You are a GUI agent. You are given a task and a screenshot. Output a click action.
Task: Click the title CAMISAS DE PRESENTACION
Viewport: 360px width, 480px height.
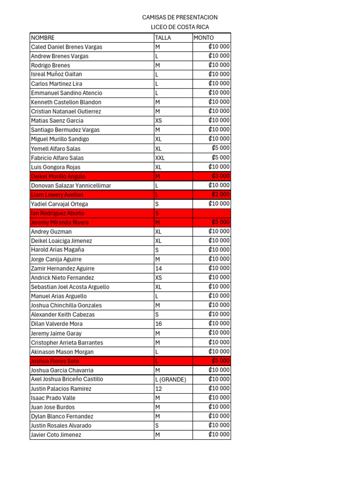[180, 17]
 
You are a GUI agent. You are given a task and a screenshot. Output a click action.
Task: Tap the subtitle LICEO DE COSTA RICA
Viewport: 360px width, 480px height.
[180, 27]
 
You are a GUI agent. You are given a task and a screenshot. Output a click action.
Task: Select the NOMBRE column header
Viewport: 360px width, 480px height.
[43, 37]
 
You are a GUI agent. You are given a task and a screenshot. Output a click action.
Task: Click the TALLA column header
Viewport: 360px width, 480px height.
[163, 37]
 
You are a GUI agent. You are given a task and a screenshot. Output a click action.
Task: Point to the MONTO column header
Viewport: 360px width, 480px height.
[204, 37]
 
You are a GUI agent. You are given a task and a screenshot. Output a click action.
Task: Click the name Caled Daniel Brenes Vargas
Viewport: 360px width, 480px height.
[67, 47]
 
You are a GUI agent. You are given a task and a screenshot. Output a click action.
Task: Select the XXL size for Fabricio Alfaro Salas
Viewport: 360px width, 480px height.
[160, 158]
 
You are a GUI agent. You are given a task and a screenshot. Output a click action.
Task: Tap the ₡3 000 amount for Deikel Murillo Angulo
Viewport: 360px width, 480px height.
[221, 176]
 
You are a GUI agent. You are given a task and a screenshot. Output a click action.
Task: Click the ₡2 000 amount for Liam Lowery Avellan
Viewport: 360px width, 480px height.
[221, 195]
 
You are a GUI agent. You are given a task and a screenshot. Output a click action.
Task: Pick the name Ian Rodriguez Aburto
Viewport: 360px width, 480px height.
[58, 213]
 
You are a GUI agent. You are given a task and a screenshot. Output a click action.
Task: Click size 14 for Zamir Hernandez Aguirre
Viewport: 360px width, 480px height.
[158, 269]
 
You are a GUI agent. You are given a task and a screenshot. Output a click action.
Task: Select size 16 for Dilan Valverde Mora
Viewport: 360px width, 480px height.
[158, 324]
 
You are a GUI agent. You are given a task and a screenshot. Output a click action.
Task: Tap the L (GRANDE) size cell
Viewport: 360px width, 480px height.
[171, 379]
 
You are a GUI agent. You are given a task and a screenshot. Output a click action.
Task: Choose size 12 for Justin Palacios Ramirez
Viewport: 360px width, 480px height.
[158, 389]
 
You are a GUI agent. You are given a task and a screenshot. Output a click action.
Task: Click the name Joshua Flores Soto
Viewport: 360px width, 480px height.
[55, 361]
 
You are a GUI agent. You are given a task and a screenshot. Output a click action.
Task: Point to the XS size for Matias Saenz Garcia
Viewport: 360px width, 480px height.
[158, 120]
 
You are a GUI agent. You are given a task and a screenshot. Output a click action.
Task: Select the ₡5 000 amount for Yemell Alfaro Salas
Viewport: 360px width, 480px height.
[221, 148]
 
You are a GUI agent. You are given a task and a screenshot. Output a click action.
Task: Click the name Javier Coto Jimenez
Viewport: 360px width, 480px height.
[56, 435]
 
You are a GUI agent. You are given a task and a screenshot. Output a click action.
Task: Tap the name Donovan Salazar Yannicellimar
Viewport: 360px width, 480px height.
[71, 186]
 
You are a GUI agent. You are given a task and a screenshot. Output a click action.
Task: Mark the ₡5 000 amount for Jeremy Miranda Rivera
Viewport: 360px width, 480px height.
[221, 222]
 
